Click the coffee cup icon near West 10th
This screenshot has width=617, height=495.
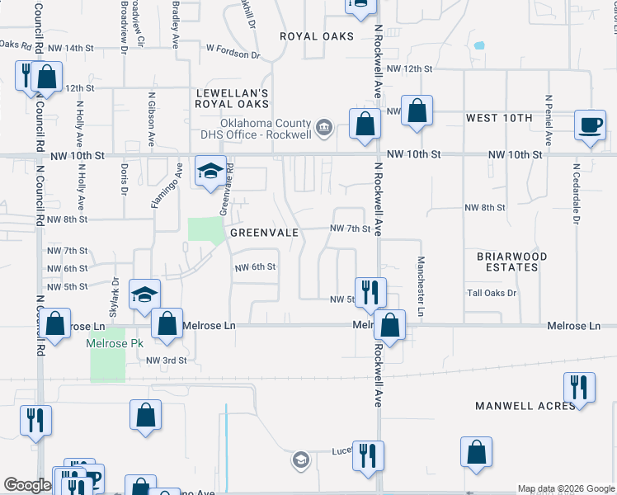[x=590, y=125]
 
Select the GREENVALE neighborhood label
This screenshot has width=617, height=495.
[x=264, y=233]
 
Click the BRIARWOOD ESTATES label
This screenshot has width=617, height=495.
[x=512, y=262]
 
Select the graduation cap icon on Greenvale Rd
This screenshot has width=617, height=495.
[x=210, y=171]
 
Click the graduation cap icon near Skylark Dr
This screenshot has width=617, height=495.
[x=144, y=295]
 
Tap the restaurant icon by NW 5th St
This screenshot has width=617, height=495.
[x=370, y=290]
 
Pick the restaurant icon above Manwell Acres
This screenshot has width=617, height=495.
[x=579, y=388]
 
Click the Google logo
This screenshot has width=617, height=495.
[x=27, y=485]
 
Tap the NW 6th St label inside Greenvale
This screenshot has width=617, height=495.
[x=255, y=267]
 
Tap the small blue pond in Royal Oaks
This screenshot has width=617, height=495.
[x=479, y=45]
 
